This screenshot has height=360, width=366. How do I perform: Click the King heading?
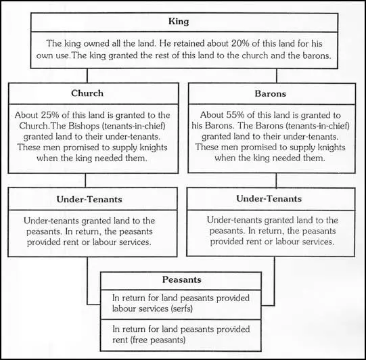tap(179, 22)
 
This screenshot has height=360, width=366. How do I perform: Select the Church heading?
tap(87, 93)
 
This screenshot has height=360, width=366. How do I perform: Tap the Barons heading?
tap(271, 93)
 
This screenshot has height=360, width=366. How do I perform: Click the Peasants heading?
tap(182, 279)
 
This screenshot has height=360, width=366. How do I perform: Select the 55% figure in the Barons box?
tap(235, 115)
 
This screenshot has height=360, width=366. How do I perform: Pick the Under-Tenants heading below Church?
tap(89, 200)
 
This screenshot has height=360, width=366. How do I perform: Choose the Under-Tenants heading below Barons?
tap(269, 199)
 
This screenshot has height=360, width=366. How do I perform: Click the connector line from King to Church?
tap(87, 76)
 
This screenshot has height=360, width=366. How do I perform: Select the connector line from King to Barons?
tap(277, 76)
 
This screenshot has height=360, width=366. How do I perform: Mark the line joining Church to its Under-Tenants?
tap(85, 180)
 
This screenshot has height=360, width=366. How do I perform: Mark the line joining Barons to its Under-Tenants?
tap(276, 181)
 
